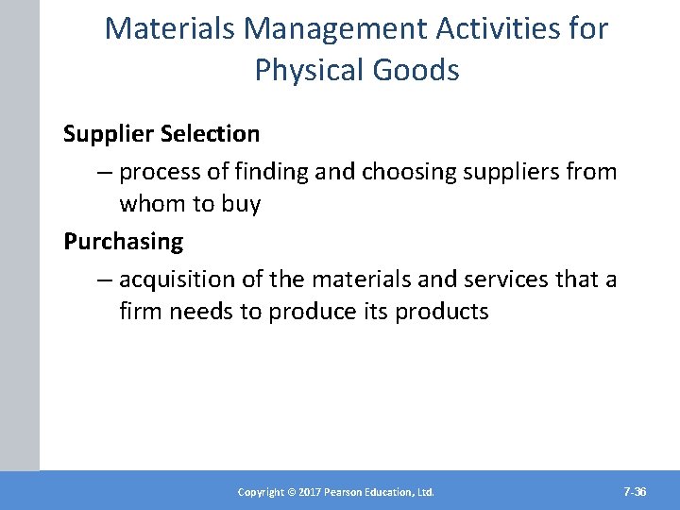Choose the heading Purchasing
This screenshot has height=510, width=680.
123,242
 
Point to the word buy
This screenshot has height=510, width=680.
240,204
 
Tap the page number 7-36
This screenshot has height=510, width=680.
635,492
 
